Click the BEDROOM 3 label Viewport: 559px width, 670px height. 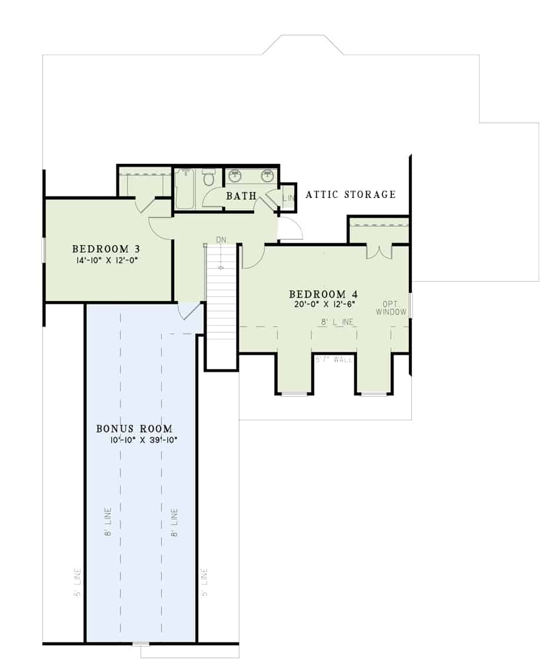click(x=106, y=248)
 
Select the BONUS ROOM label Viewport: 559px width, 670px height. click(x=134, y=428)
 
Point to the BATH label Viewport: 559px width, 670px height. click(x=241, y=196)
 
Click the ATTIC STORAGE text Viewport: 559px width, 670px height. click(x=351, y=194)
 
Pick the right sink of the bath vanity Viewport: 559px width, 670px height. click(x=268, y=176)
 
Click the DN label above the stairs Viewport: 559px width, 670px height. click(x=221, y=240)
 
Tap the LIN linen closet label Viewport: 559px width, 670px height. click(x=288, y=199)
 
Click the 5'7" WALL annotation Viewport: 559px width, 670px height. click(x=334, y=359)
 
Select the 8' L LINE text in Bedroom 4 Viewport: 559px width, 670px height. click(x=337, y=322)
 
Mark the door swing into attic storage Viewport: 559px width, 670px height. click(x=290, y=229)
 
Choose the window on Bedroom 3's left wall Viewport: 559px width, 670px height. click(x=43, y=249)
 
